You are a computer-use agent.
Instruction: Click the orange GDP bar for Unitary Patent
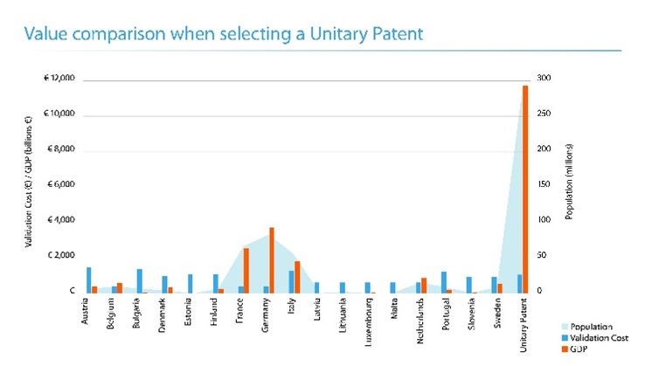(525, 188)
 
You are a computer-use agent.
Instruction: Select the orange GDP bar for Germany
(272, 259)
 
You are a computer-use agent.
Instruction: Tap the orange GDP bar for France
(246, 270)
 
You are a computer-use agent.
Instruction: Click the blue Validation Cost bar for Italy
(291, 281)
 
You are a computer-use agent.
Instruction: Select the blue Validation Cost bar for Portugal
(443, 281)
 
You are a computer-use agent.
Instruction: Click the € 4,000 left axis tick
(60, 220)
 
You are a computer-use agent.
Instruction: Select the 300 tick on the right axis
(544, 79)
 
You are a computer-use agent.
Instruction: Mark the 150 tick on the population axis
(544, 184)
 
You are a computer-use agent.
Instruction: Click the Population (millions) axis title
(570, 184)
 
